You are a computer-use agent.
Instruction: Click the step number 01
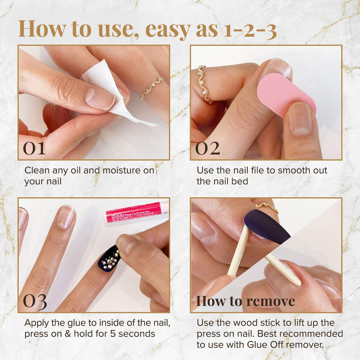[34, 148]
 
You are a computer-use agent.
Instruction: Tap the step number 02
[207, 148]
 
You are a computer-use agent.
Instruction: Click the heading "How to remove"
[245, 301]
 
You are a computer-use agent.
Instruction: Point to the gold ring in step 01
[152, 87]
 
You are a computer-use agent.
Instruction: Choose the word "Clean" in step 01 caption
[37, 170]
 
